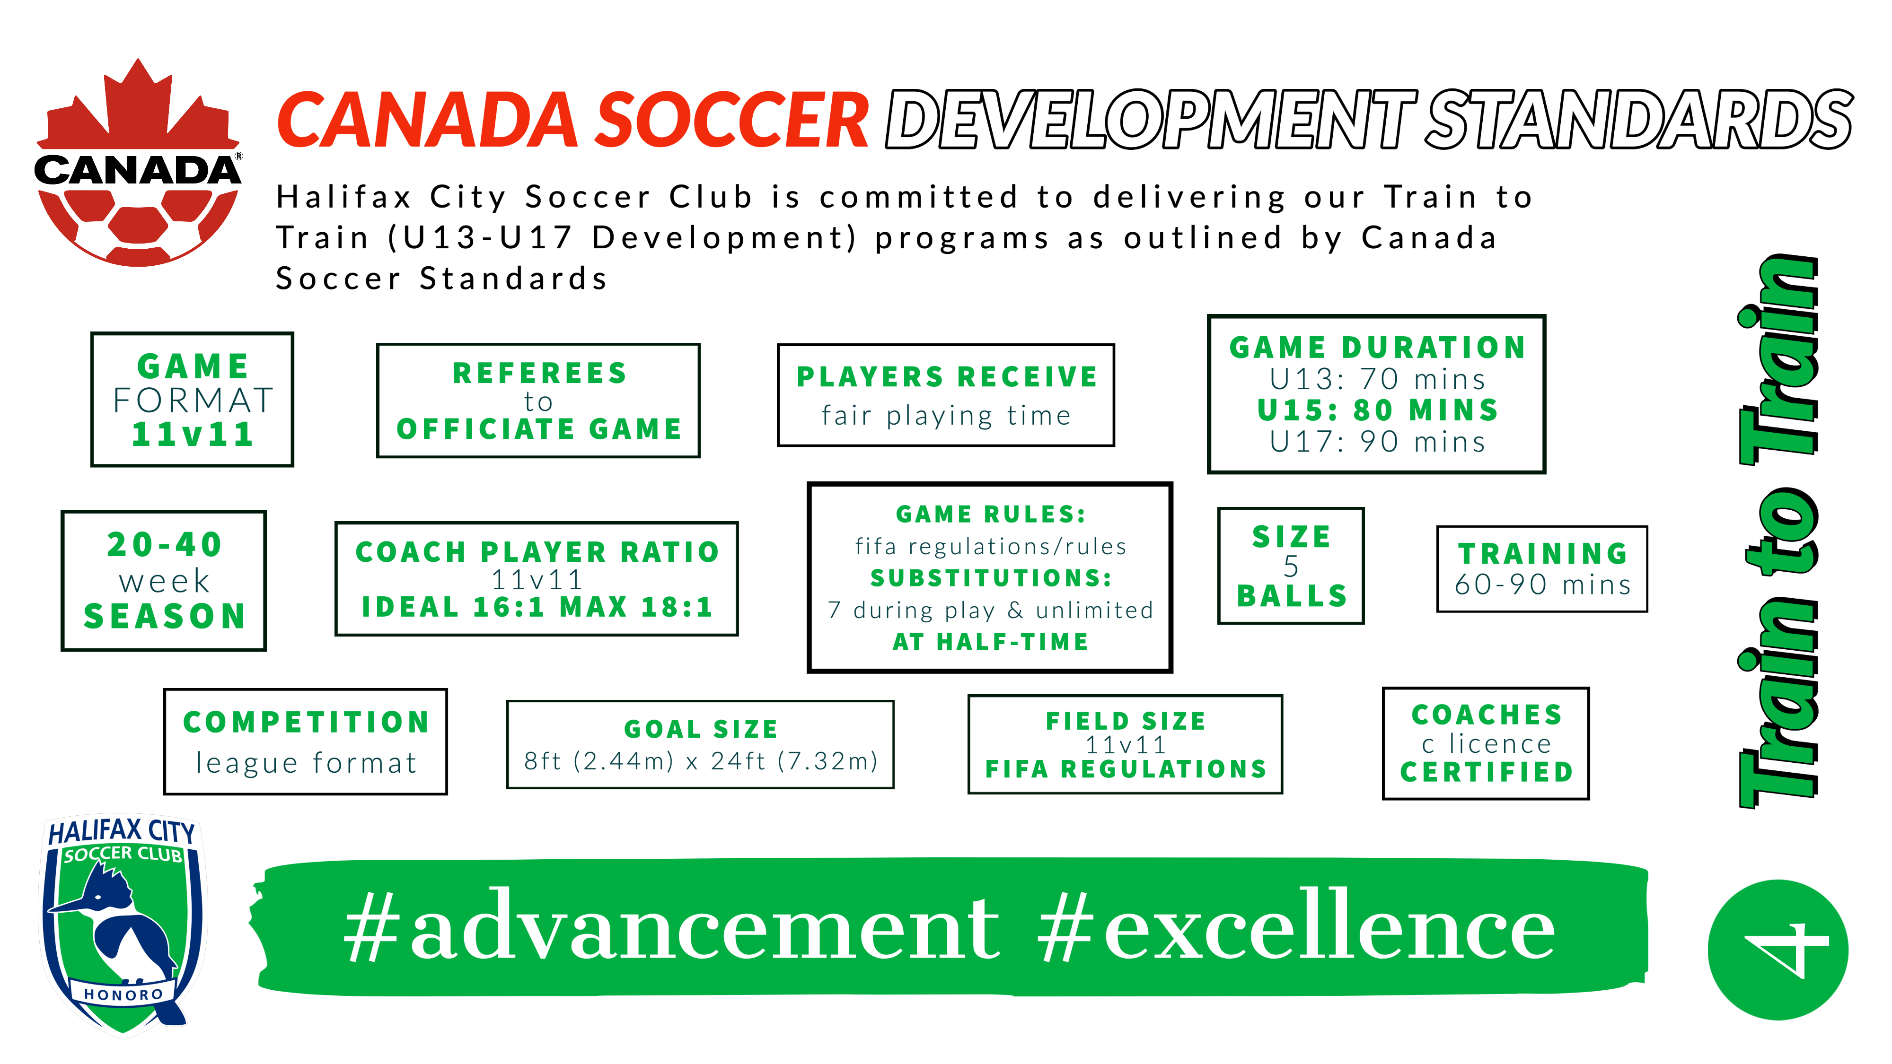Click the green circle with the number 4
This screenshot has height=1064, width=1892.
point(1778,950)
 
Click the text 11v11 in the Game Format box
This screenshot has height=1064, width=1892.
point(193,434)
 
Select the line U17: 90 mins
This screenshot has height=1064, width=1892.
point(1377,441)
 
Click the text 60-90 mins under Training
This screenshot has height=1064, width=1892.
point(1542,584)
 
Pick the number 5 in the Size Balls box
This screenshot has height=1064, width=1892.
point(1291,566)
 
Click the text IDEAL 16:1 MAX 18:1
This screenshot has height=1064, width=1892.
point(537,607)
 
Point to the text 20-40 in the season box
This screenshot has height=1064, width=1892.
point(165,545)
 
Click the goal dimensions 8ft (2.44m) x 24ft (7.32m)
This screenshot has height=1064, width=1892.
point(701,761)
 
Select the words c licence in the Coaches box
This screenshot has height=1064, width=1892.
point(1487,744)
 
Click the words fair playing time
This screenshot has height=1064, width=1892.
point(946,416)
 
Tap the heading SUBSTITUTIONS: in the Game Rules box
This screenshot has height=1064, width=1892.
point(991,578)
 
